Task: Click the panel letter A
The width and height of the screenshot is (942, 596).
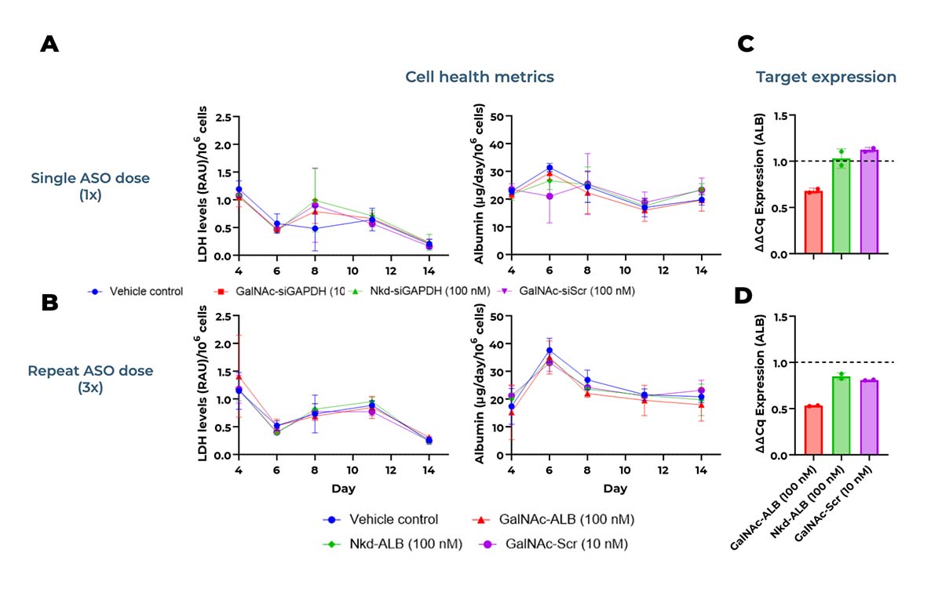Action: pyautogui.click(x=49, y=45)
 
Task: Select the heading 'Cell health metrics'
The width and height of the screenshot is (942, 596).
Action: pyautogui.click(x=480, y=77)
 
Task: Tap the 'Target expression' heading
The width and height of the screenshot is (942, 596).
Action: pyautogui.click(x=825, y=77)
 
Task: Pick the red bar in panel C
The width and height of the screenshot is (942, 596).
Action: pyautogui.click(x=813, y=223)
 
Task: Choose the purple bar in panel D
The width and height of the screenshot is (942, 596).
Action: pyautogui.click(x=868, y=417)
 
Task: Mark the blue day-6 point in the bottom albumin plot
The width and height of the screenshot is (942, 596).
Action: pyautogui.click(x=549, y=351)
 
